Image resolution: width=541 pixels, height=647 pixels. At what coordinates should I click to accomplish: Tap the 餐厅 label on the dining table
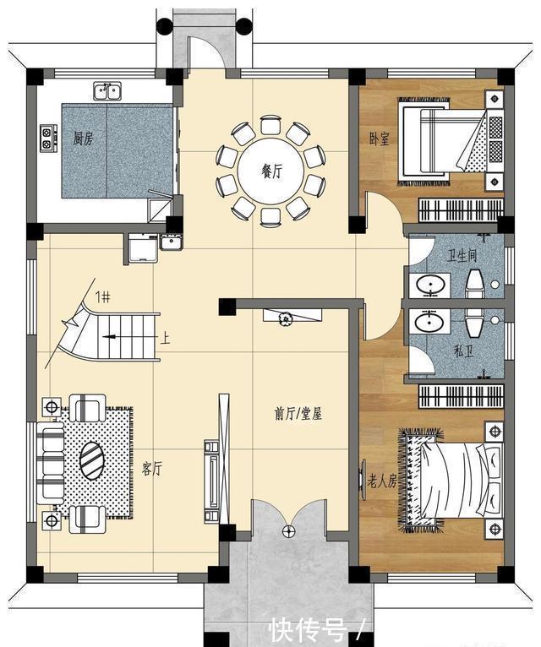[270, 171]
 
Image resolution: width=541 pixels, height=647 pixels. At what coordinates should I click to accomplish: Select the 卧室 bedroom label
[380, 138]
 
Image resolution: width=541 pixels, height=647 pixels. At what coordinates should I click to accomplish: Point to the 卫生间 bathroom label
[462, 256]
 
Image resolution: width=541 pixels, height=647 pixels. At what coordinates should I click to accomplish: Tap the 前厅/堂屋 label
[298, 414]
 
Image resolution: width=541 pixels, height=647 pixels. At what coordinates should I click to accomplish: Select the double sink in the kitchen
[107, 90]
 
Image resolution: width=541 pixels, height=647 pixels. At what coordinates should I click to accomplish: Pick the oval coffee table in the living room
[92, 462]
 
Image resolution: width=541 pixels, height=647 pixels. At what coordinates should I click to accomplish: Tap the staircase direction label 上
[166, 340]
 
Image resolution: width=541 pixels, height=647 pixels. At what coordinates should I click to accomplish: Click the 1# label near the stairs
[102, 296]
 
